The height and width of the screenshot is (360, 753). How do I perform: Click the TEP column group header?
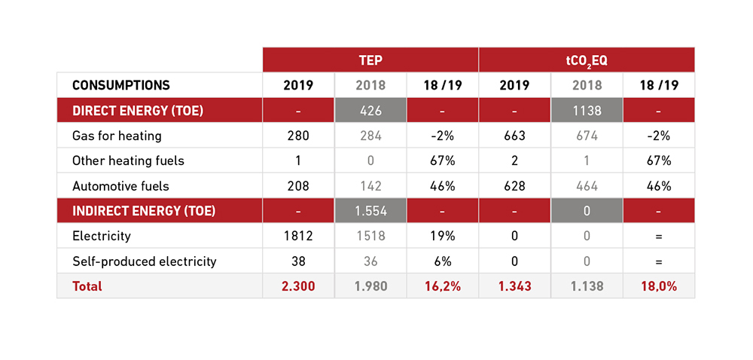370,59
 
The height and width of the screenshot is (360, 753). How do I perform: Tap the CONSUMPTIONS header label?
121,85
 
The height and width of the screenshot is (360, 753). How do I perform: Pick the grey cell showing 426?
370,111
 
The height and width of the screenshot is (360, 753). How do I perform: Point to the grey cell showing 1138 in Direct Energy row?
587,111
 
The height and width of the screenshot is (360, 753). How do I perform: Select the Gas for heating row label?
117,136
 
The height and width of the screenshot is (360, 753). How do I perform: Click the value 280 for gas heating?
298,136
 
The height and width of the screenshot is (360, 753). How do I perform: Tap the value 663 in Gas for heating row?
515,136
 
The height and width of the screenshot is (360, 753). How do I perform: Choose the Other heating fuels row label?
128,160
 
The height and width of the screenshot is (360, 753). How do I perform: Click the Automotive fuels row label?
120,186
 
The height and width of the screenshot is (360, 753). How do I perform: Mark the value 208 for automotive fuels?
298,186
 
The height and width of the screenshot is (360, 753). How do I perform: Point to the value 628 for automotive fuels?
515,186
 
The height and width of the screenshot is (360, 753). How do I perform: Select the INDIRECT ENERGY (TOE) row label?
144,211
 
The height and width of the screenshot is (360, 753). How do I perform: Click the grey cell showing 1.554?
370,211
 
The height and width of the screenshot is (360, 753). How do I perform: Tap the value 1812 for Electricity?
298,236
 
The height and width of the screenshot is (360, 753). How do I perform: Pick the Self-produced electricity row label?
144,261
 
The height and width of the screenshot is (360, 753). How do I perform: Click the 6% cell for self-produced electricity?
442,261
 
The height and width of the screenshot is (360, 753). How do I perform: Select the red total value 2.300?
298,286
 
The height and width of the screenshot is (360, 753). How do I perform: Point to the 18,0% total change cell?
658,286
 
